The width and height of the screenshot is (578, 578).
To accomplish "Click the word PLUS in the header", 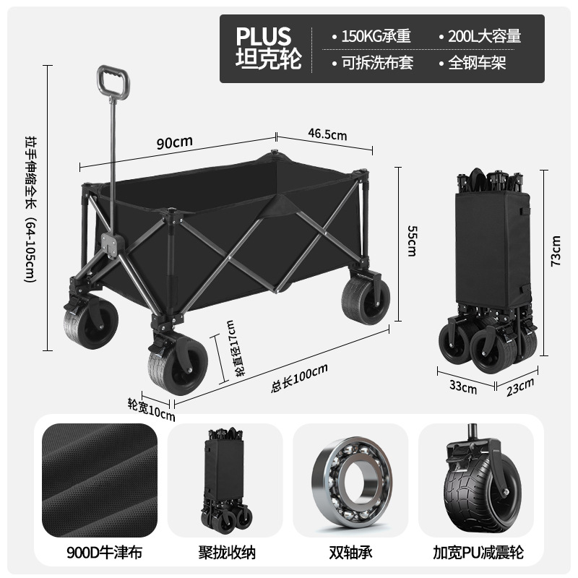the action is [x=263, y=36].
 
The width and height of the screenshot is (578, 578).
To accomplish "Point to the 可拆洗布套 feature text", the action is [x=372, y=63].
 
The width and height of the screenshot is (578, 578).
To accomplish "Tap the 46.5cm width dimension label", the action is [x=327, y=135].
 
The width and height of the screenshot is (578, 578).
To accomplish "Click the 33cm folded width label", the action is [x=463, y=387].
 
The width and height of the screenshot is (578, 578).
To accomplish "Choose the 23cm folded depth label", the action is [x=520, y=389].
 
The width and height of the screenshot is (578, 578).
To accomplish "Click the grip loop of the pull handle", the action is [x=113, y=82].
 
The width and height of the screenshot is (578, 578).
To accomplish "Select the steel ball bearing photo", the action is [x=350, y=482].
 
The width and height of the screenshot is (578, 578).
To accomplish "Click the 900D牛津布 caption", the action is [x=99, y=553].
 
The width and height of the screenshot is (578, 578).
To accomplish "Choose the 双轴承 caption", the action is [x=350, y=553].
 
